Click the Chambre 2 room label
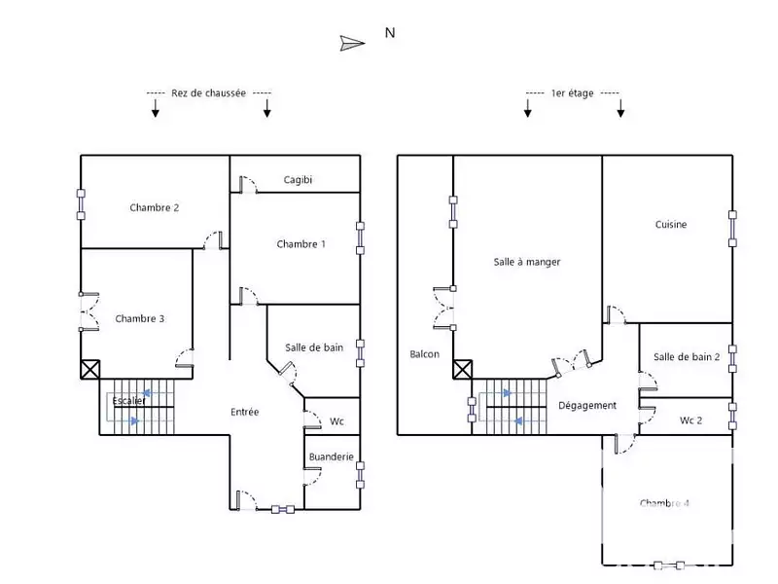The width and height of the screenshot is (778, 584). [x=154, y=207]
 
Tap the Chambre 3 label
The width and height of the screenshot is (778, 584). [x=139, y=318]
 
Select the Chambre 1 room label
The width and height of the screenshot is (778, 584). [x=301, y=244]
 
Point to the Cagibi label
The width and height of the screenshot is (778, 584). [x=298, y=180]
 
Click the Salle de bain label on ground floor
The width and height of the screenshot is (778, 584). [x=314, y=347]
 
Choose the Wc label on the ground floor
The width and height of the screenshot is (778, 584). [x=336, y=421]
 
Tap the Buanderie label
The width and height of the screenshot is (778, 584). [x=331, y=456]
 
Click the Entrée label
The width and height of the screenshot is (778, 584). [x=244, y=412]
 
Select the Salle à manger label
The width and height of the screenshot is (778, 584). [x=527, y=262]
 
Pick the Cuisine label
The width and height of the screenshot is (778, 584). [x=670, y=225]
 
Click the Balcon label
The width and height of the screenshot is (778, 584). [x=424, y=354]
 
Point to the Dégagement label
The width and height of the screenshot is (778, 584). [x=587, y=406]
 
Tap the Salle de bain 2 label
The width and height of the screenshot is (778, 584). [x=687, y=357]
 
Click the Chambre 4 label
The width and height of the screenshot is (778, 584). [x=665, y=503]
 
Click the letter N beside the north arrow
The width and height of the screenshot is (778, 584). [x=390, y=32]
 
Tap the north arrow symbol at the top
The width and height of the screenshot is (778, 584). [x=352, y=42]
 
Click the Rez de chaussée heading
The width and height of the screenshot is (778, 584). [x=208, y=93]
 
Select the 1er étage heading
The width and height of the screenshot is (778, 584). [x=572, y=93]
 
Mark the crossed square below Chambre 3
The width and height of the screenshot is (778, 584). [x=90, y=369]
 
